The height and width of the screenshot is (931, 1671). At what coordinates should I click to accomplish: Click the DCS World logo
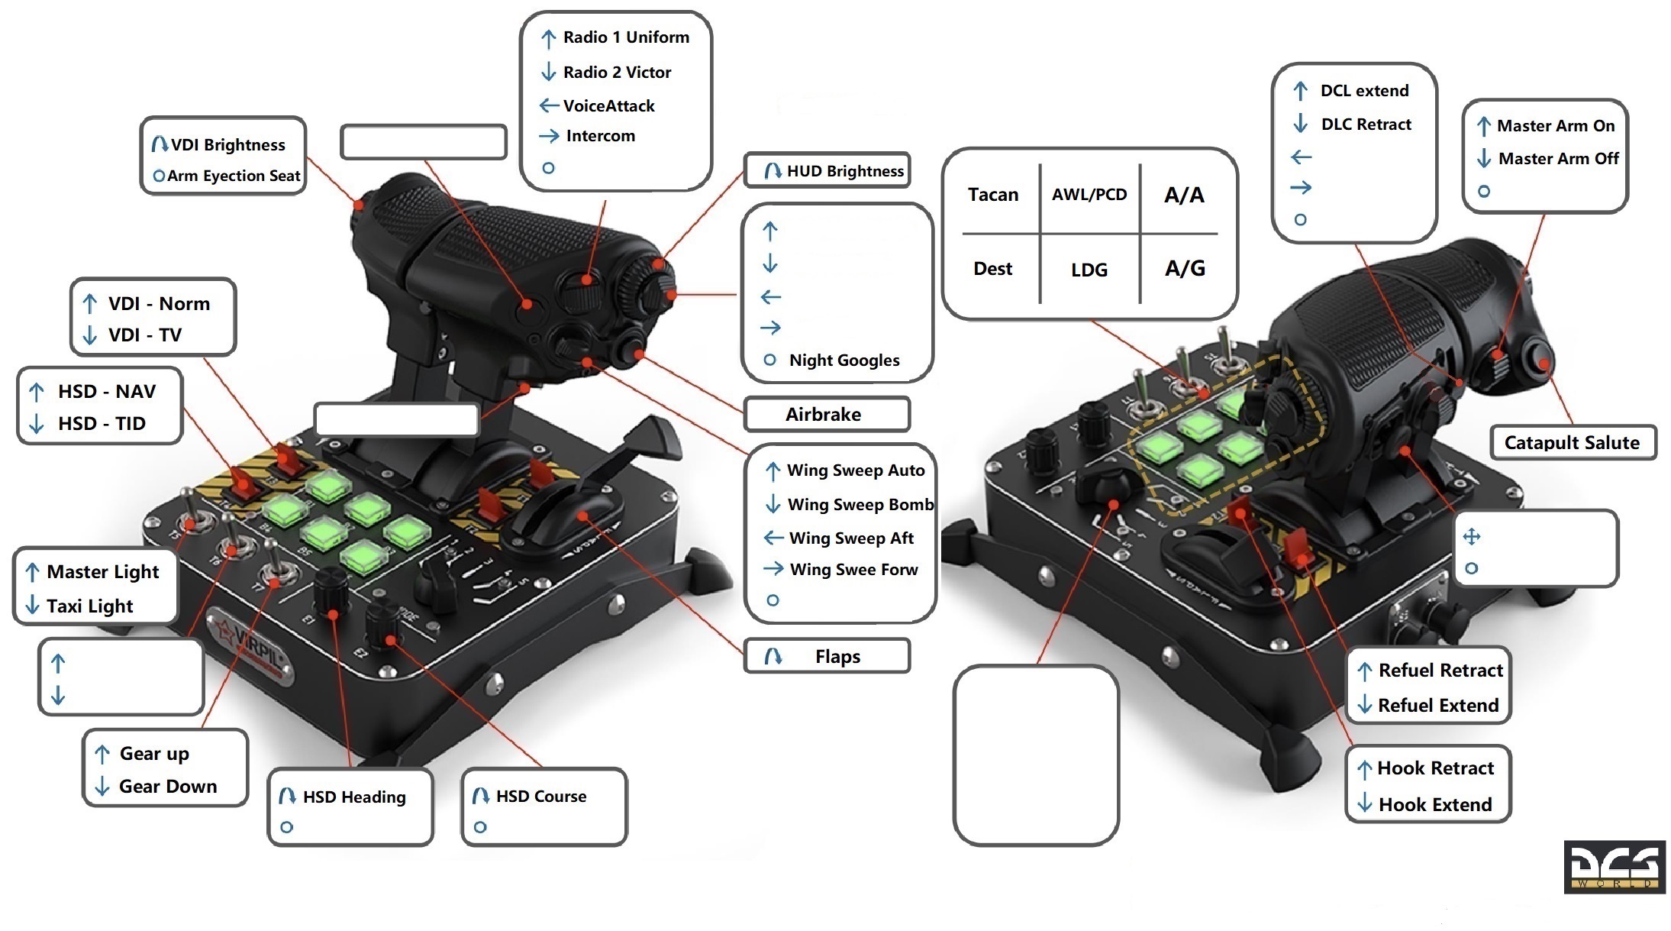(1615, 867)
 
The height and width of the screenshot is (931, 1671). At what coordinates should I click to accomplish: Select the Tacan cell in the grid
(993, 195)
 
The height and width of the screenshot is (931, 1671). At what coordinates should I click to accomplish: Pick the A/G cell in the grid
(1185, 268)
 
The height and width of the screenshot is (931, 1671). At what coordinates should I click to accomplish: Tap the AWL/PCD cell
(1089, 195)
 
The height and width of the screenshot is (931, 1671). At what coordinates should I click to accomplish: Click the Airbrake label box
(827, 414)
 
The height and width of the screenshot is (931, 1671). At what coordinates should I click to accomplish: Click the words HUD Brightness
(845, 171)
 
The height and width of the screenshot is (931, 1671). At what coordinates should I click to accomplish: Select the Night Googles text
(844, 360)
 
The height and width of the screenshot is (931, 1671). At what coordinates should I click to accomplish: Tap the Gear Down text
(168, 787)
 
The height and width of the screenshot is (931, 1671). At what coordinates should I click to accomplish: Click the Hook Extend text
(1435, 805)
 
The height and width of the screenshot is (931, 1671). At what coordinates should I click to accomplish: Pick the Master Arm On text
(1556, 126)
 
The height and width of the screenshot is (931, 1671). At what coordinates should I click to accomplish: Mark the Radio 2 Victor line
(617, 73)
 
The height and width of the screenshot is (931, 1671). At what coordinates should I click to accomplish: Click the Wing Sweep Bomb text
(860, 505)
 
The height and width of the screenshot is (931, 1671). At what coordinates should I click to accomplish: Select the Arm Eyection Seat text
(234, 176)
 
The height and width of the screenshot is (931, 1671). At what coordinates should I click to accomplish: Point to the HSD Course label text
(541, 797)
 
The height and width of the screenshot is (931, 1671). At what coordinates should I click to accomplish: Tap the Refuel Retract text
(1440, 671)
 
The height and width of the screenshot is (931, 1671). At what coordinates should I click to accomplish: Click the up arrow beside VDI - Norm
(89, 304)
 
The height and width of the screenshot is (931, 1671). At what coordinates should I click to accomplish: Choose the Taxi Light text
(89, 606)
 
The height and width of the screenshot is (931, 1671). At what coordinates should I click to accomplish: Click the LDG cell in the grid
(1089, 270)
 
